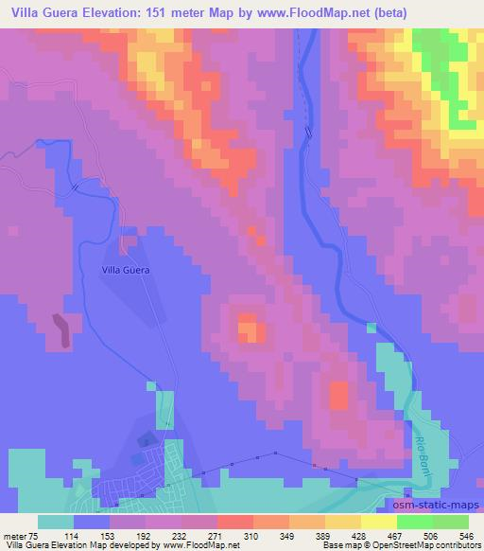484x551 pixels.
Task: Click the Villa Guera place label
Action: [126, 270]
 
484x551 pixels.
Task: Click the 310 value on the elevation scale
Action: [251, 535]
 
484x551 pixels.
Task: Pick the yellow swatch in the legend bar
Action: [379, 522]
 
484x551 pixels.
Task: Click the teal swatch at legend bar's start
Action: [56, 522]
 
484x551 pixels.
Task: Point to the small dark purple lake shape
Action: [62, 329]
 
